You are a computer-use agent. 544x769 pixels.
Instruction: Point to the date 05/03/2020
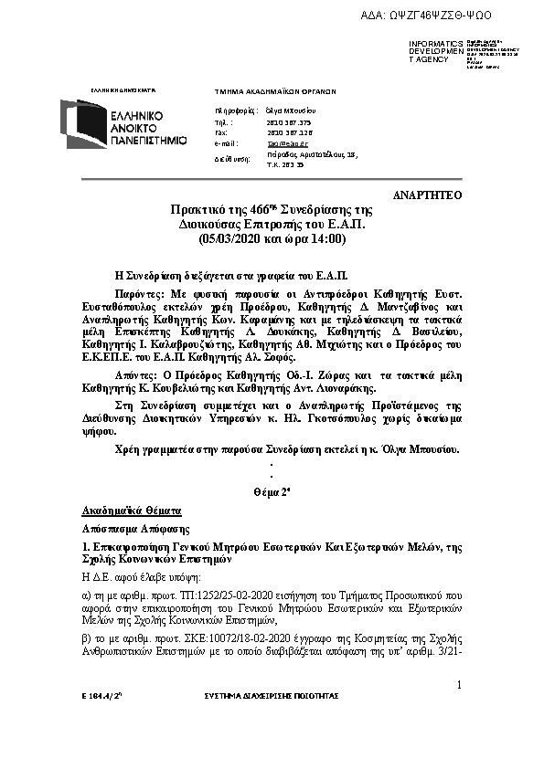231,238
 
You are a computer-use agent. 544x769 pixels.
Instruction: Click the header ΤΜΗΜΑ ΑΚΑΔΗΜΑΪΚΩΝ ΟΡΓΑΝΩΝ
275,92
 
